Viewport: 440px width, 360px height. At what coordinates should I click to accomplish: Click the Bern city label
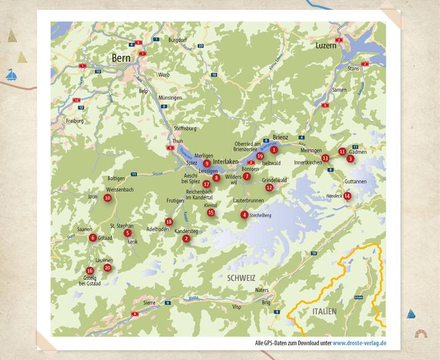coord(123,58)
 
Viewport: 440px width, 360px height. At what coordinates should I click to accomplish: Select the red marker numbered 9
coord(207,164)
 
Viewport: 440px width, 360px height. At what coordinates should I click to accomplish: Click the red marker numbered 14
coord(347,196)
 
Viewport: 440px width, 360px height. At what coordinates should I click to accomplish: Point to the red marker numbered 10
coord(108,198)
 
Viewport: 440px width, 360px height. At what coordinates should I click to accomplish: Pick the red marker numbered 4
coord(244,215)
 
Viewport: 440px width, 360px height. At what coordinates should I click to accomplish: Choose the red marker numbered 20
coord(108,268)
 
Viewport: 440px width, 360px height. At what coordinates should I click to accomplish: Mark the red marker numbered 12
coord(269,188)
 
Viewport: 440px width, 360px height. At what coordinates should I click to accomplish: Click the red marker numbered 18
coord(169,221)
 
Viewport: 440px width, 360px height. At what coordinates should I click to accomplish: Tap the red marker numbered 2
coord(186,238)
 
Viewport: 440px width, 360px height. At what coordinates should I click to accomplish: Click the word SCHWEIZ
coord(240,277)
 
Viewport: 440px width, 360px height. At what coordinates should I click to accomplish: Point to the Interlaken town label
coord(226,161)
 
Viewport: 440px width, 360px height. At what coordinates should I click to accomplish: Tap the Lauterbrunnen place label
coord(249,200)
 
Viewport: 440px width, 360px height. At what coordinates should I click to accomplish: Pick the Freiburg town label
coord(74,120)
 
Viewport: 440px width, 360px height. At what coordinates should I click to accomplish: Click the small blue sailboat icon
coord(10,76)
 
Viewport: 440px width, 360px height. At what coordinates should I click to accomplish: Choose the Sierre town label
coord(150,302)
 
